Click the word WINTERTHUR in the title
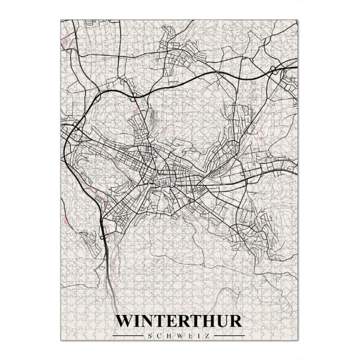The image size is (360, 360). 179,320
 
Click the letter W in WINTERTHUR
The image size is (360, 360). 124,320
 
